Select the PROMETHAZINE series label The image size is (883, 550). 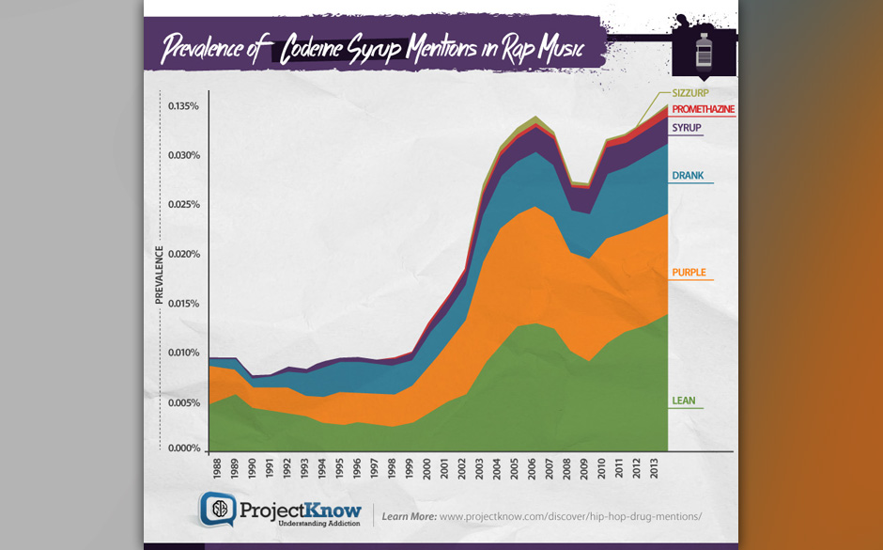coord(703,110)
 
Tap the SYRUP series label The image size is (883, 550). coord(687,128)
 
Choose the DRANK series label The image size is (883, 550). coord(688,176)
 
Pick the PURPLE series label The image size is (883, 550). coord(689,273)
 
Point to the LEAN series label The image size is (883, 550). coord(683,401)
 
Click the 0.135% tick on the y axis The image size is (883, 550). coord(183,106)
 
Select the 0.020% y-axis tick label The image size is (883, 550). coord(183,254)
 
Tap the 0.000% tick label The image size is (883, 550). coord(183,448)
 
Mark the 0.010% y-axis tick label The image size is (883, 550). coord(183,353)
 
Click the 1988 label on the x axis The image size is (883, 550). coord(218,467)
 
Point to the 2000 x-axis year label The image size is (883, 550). coord(429,467)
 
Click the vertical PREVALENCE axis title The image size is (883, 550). coord(159,275)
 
